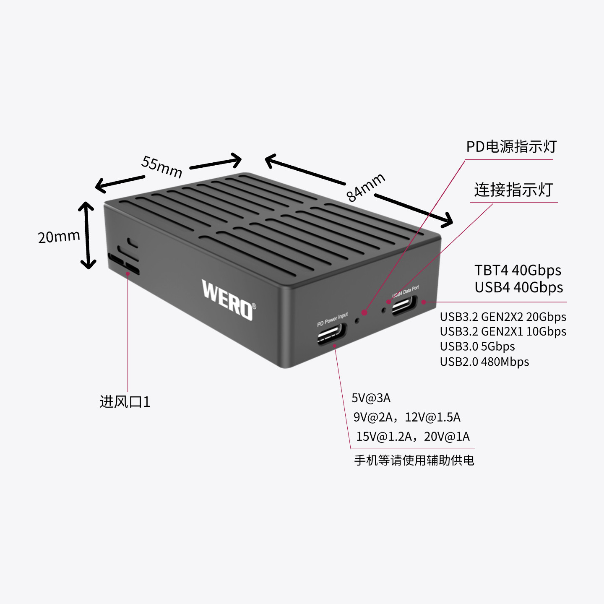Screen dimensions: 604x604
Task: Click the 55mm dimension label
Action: point(162,167)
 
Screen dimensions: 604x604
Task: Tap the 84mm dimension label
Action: point(365,187)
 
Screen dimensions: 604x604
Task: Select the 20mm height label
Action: point(59,237)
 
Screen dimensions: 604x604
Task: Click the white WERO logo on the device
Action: point(228,300)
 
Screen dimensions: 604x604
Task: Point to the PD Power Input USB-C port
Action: point(331,334)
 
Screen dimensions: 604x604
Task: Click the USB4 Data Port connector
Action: point(404,305)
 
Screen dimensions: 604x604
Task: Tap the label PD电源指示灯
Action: point(511,146)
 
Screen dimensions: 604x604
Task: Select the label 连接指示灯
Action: point(513,190)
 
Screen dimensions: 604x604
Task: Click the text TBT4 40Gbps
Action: point(518,270)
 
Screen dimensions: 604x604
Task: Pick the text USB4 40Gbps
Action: point(518,287)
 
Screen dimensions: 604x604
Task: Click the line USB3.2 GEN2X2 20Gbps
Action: point(503,317)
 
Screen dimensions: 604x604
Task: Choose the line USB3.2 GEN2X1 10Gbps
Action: point(503,331)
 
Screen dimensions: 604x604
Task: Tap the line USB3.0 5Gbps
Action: point(477,346)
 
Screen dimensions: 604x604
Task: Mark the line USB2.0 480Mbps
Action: point(484,362)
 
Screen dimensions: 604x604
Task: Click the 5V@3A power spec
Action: point(371,398)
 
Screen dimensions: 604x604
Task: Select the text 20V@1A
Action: point(447,437)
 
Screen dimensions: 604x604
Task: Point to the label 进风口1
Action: point(125,402)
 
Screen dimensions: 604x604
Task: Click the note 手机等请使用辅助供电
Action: point(414,460)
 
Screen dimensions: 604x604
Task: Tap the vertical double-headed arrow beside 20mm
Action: point(87,235)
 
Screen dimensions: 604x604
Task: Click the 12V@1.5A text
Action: point(432,417)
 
